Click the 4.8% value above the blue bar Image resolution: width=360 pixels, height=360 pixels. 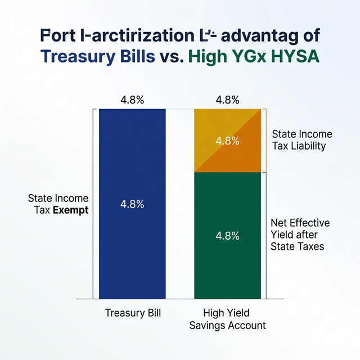tap(132, 100)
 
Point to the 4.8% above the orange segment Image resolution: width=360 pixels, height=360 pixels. tap(227, 100)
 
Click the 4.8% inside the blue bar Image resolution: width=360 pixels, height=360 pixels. tap(132, 204)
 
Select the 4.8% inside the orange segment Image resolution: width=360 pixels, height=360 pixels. tap(227, 141)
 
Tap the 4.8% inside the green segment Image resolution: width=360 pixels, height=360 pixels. tap(227, 235)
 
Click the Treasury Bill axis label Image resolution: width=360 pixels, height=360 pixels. tap(133, 313)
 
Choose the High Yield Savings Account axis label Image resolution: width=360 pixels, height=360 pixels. tap(227, 319)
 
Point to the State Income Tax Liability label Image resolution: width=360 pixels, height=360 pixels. tap(301, 140)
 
